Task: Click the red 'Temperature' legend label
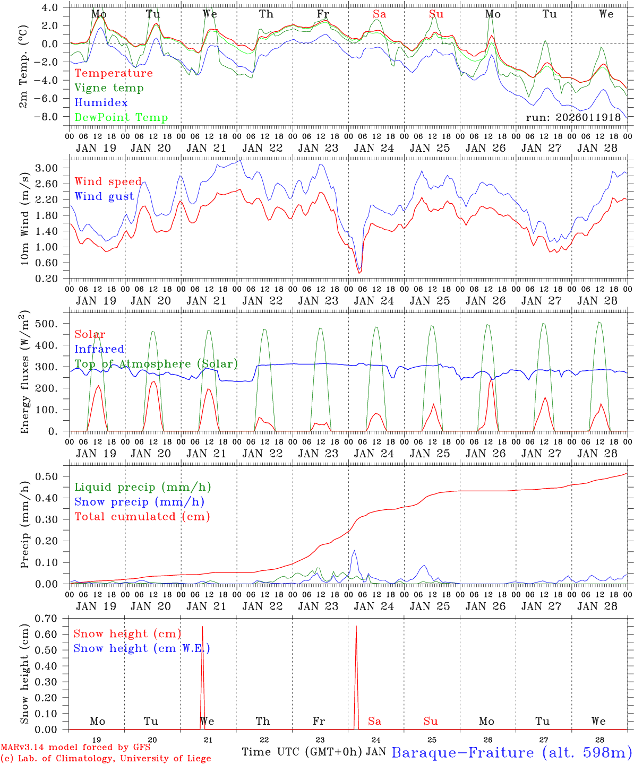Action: coord(114,73)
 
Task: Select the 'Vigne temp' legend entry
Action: coord(109,88)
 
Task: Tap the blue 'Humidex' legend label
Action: coord(101,103)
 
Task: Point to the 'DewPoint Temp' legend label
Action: coord(121,118)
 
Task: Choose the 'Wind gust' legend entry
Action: coord(104,196)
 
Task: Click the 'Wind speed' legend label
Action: coord(108,182)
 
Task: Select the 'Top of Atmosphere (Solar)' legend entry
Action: coord(156,364)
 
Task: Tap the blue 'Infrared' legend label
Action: coord(99,349)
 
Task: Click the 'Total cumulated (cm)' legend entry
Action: coord(142,516)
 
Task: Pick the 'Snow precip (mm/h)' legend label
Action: coord(139,502)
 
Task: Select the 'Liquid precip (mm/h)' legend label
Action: coord(142,487)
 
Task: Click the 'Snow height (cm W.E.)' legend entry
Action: coord(141,648)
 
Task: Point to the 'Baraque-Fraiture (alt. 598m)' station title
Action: coord(511,752)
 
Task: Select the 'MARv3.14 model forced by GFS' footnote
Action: coord(75,748)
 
